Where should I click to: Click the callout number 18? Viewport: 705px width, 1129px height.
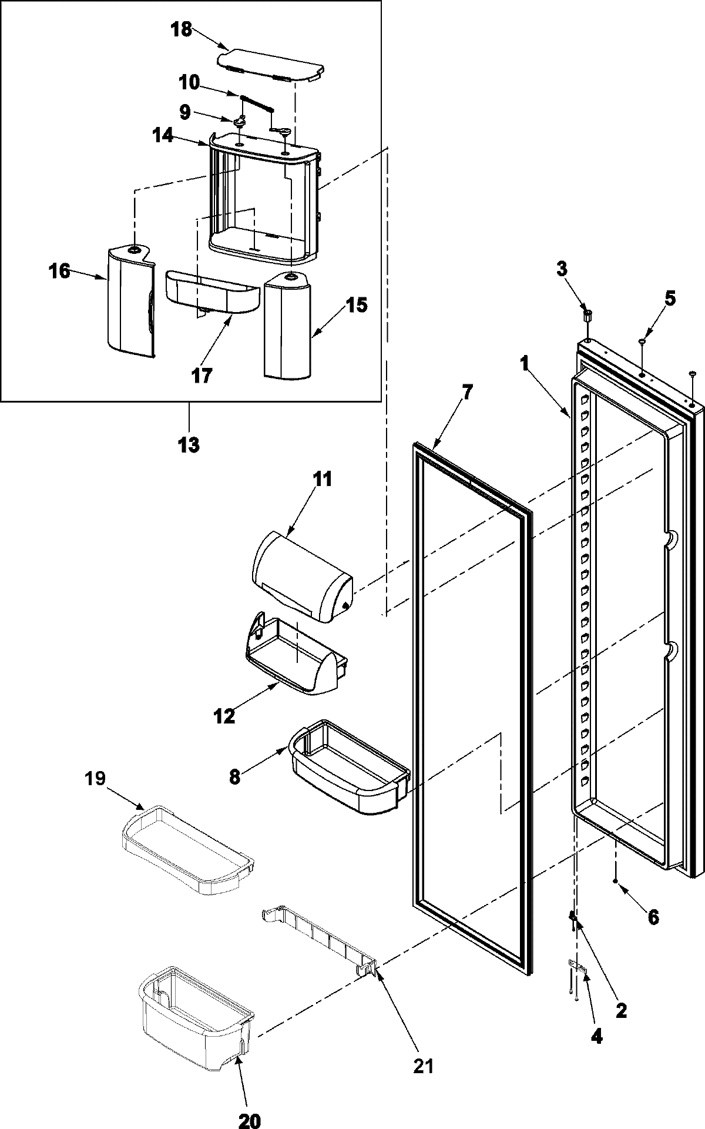[x=182, y=29]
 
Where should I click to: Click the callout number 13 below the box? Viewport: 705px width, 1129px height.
[x=189, y=445]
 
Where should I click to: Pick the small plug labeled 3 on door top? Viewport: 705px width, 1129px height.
[x=586, y=316]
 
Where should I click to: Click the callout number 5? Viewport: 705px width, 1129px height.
[x=670, y=299]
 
